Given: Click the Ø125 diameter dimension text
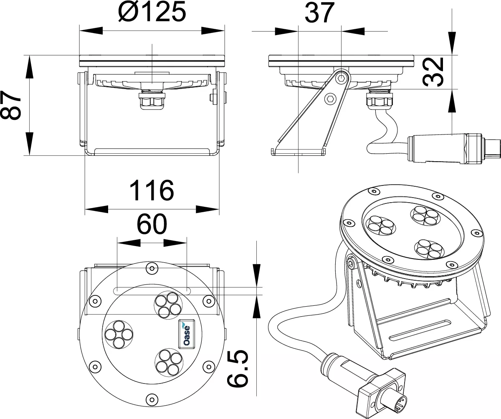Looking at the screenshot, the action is [x=152, y=12].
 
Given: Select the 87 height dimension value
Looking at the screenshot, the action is [x=10, y=105].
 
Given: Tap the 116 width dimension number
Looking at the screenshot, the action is [x=152, y=190].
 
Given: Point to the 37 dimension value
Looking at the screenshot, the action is [x=320, y=13].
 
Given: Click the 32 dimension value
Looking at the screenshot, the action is [x=433, y=72].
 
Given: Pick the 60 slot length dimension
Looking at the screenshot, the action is [x=152, y=224].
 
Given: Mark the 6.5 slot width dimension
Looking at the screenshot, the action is [x=238, y=369].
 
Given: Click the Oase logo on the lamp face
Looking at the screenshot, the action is [x=187, y=334].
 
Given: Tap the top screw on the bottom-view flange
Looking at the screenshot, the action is [x=152, y=268].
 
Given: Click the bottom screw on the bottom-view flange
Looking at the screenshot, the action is [x=152, y=399].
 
